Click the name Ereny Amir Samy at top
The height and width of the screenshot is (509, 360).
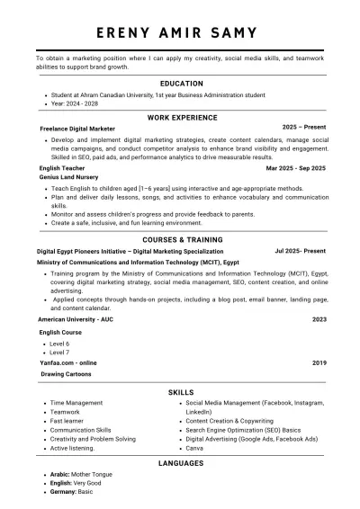[x=181, y=32]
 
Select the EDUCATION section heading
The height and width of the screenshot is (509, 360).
[x=181, y=83]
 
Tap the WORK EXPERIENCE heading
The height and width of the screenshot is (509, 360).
[x=181, y=118]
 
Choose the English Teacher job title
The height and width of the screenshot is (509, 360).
[x=62, y=168]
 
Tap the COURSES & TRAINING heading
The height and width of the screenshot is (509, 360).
[x=181, y=240]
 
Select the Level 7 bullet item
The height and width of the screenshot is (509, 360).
[x=59, y=352]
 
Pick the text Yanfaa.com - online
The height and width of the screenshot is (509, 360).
[x=69, y=362]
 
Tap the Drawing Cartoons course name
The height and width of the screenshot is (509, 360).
[x=66, y=373]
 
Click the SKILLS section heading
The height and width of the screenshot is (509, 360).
[x=181, y=392]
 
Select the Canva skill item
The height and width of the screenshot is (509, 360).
[x=194, y=447]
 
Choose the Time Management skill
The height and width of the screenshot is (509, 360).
[x=76, y=403]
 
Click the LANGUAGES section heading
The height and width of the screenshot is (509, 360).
[x=181, y=463]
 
